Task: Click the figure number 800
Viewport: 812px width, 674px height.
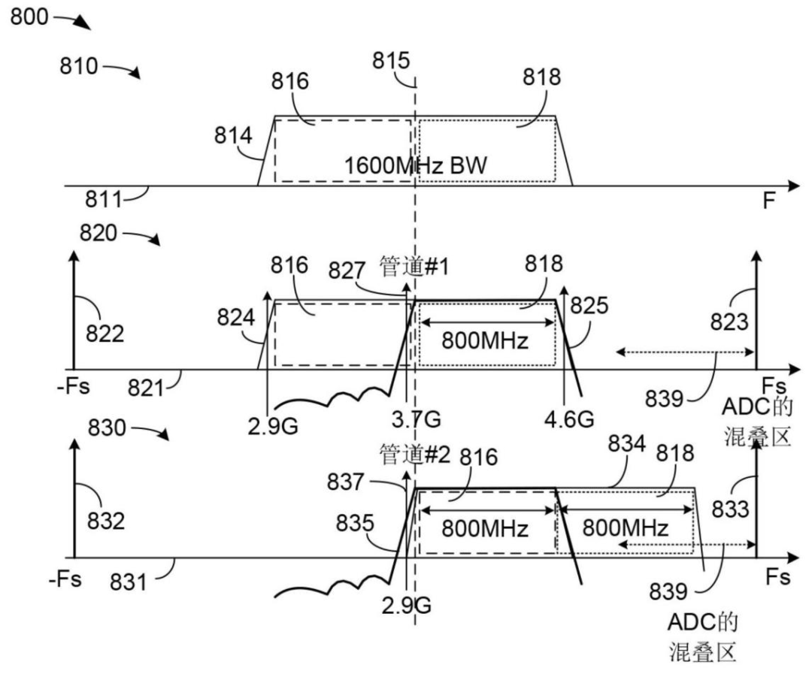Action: click(29, 17)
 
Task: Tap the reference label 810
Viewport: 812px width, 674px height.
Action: click(78, 65)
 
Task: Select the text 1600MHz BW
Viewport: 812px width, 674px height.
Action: click(415, 165)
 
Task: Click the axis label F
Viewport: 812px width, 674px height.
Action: click(769, 200)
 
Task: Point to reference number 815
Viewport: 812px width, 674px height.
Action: click(391, 60)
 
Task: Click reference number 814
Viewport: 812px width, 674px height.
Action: click(233, 135)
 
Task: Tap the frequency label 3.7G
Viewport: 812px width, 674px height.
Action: click(416, 419)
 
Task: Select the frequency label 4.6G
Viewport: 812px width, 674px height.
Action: click(568, 419)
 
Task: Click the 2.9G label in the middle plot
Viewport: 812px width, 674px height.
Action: click(272, 426)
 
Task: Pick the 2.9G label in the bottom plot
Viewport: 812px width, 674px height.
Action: click(406, 605)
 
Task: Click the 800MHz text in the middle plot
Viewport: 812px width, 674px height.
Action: click(485, 340)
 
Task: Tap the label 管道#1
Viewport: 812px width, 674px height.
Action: click(414, 267)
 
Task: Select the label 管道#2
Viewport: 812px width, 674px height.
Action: click(415, 455)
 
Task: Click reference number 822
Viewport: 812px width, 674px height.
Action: click(105, 334)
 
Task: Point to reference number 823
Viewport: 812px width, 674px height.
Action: click(729, 322)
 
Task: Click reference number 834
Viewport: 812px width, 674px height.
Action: click(626, 443)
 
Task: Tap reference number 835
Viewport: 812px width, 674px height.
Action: click(354, 523)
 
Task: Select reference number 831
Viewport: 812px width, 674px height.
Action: click(128, 582)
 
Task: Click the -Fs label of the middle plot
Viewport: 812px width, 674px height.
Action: click(73, 386)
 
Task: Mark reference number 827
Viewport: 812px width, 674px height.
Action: click(347, 271)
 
